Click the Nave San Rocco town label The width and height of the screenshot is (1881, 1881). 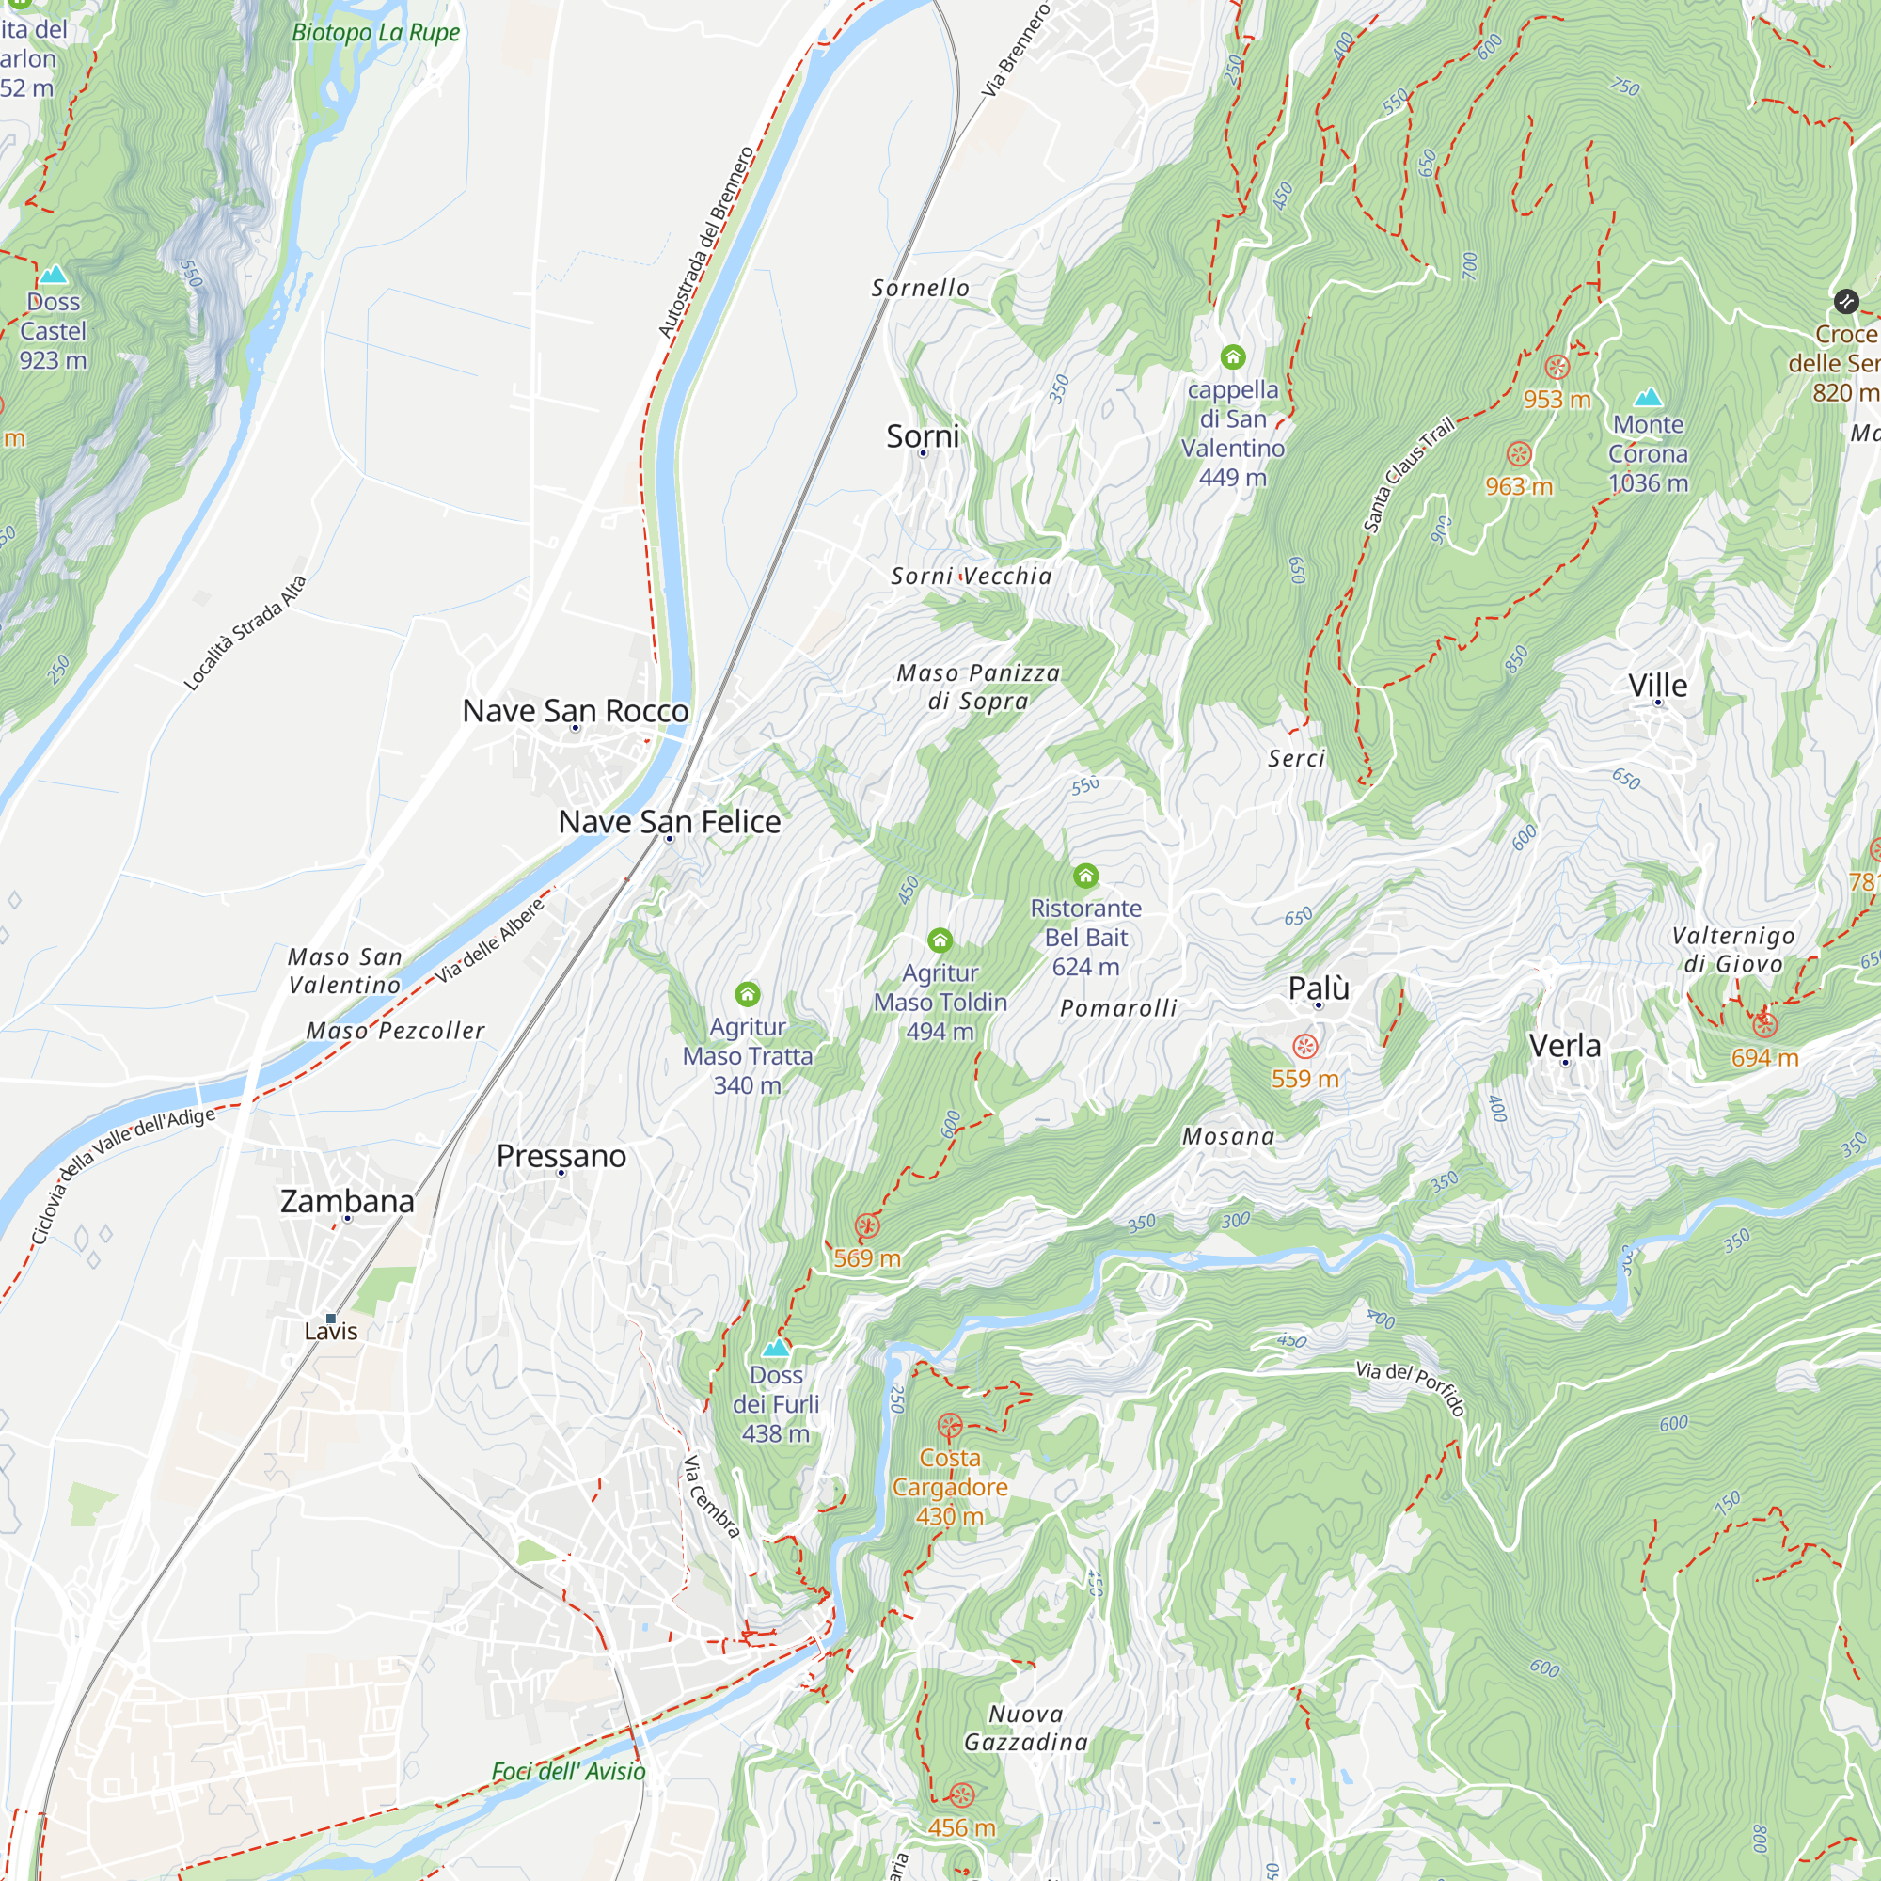[x=576, y=711]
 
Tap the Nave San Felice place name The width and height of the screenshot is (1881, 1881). [x=669, y=822]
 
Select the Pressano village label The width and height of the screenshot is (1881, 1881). [x=561, y=1156]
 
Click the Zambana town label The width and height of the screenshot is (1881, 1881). [x=347, y=1201]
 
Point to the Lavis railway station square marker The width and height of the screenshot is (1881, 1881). [x=331, y=1319]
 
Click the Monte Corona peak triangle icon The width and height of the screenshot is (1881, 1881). [x=1648, y=397]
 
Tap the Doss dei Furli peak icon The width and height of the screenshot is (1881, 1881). [x=775, y=1349]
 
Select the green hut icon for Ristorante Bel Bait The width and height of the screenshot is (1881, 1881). [x=1085, y=877]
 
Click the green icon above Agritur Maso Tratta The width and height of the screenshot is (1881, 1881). [x=747, y=994]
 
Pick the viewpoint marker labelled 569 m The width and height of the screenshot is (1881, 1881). [x=866, y=1225]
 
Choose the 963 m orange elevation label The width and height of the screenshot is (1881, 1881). [x=1518, y=486]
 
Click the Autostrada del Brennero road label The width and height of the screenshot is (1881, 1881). [x=706, y=243]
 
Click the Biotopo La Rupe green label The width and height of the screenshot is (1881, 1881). [x=376, y=32]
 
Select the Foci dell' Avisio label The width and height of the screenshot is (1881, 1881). [x=568, y=1771]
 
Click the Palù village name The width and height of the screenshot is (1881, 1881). [x=1319, y=988]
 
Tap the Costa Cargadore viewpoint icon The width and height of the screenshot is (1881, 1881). [x=949, y=1428]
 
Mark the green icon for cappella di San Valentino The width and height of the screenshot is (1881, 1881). [x=1233, y=357]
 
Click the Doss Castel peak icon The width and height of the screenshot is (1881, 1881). [x=53, y=275]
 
